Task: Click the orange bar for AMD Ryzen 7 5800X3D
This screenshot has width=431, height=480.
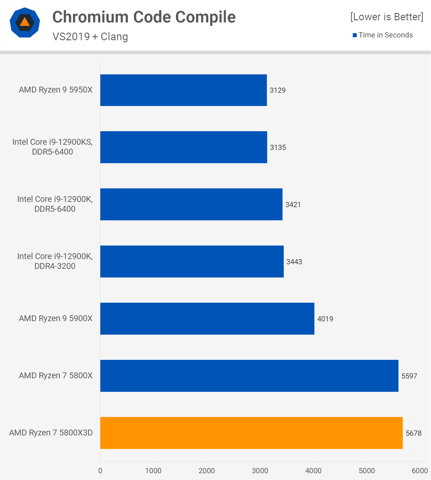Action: pos(251,433)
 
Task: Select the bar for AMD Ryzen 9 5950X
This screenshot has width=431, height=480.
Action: pos(183,90)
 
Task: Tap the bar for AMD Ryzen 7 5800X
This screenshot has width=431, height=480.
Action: pos(249,376)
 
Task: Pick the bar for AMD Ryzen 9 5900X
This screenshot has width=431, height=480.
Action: pos(207,318)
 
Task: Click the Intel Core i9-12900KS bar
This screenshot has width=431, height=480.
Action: pos(183,147)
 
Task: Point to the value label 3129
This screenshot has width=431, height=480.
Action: pos(277,90)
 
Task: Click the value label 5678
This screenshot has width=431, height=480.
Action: pos(413,433)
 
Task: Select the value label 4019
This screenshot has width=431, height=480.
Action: pos(325,319)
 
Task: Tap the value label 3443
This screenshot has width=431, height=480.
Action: pos(294,262)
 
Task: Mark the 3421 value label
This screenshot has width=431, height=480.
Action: pos(293,205)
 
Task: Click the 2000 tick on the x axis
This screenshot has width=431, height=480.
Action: pos(206,470)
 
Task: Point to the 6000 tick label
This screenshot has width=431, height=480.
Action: pos(420,470)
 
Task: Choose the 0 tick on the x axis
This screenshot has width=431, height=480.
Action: pos(100,470)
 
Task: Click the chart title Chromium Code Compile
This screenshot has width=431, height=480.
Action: pos(144,17)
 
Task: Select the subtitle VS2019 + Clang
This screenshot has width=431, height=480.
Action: pos(90,37)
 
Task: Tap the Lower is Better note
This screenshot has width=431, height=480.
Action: pos(387,17)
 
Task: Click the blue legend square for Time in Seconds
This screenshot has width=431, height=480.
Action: pos(355,35)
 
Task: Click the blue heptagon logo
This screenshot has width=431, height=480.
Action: pos(25,22)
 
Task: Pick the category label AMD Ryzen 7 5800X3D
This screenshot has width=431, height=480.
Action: pos(51,433)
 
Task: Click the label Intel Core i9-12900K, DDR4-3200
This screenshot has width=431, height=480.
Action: pos(55,261)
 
